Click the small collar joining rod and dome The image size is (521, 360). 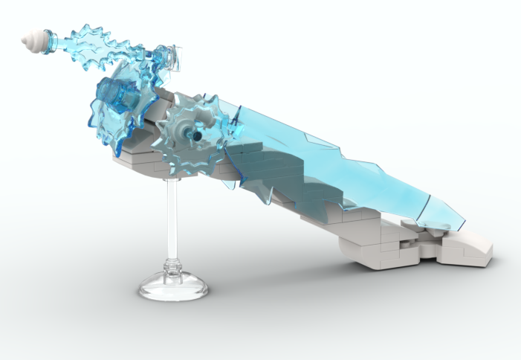pyautogui.click(x=172, y=264)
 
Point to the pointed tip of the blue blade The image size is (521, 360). pyautogui.click(x=465, y=222)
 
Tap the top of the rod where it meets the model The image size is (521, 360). pyautogui.click(x=172, y=179)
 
